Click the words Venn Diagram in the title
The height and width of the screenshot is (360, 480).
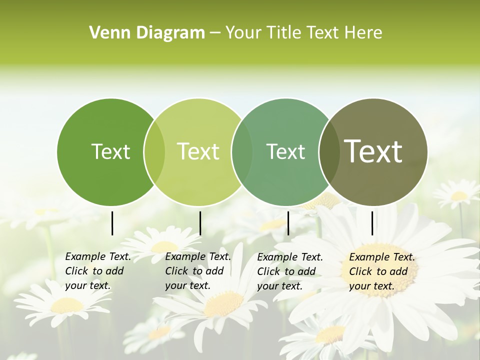point(147,32)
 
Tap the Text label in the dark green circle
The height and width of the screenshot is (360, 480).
point(110,151)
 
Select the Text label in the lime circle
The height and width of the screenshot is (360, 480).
point(198,151)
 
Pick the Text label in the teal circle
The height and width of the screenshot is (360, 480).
point(285,151)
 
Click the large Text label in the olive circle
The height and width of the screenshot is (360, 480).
point(373,151)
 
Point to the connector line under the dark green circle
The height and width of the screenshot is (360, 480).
point(112,223)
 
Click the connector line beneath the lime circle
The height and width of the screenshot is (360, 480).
point(200,223)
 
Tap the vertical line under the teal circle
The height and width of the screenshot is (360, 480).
point(288,223)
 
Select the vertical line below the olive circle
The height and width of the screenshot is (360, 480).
point(372,223)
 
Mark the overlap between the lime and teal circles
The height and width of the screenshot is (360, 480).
point(241,151)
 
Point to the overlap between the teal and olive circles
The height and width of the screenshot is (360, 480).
point(328,151)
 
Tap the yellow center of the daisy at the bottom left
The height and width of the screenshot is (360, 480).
point(67,305)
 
